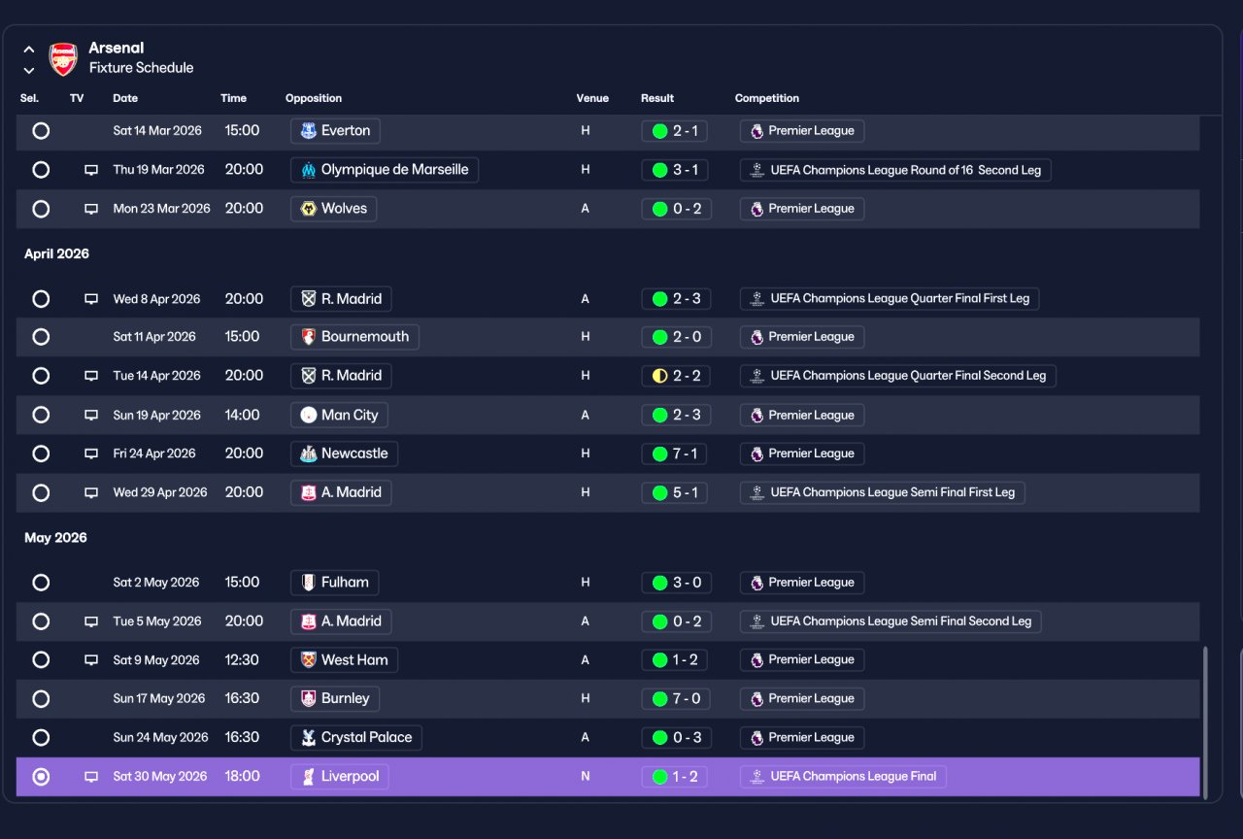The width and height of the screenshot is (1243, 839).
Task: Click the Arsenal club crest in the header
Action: pyautogui.click(x=63, y=58)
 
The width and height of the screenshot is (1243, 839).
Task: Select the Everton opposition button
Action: pyautogui.click(x=335, y=131)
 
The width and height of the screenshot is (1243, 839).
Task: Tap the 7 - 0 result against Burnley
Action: pyautogui.click(x=676, y=698)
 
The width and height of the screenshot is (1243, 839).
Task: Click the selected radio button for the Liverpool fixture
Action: pyautogui.click(x=41, y=776)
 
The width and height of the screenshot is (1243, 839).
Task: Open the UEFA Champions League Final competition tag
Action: pyautogui.click(x=843, y=776)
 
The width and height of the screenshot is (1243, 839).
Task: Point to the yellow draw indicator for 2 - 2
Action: pyautogui.click(x=659, y=376)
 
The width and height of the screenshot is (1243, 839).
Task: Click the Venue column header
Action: pyautogui.click(x=592, y=98)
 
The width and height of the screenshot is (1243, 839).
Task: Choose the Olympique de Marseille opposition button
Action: pyautogui.click(x=385, y=170)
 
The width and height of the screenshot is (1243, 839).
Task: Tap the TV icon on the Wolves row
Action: pyautogui.click(x=91, y=209)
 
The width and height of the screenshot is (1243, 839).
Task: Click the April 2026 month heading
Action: pyautogui.click(x=56, y=253)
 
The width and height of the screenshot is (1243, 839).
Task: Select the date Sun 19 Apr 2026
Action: pyautogui.click(x=156, y=415)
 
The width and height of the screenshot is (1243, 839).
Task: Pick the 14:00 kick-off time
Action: pyautogui.click(x=242, y=415)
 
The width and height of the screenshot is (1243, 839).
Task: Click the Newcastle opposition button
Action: pyautogui.click(x=344, y=453)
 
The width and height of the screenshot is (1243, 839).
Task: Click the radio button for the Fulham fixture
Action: pyautogui.click(x=41, y=583)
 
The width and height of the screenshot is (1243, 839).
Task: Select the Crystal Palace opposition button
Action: pyautogui.click(x=356, y=737)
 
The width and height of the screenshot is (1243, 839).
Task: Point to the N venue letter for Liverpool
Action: pyautogui.click(x=585, y=776)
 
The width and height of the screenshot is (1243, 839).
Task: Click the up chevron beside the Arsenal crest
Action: pyautogui.click(x=29, y=50)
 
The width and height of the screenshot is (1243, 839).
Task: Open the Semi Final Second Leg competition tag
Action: pyautogui.click(x=890, y=621)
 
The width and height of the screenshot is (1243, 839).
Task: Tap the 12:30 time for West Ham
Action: pyautogui.click(x=242, y=659)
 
